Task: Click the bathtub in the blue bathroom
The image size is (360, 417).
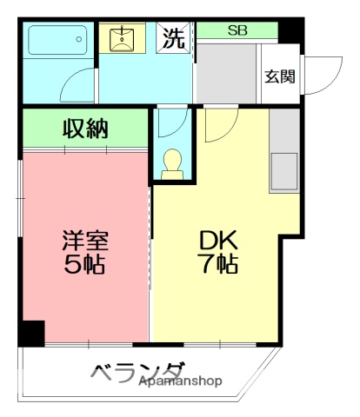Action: coord(57,40)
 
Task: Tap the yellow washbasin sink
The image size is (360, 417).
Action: coord(122,38)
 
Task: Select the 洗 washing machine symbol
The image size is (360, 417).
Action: coord(175,38)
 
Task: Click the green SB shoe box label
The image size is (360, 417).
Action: coord(237,30)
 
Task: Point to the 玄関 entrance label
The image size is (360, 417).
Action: coord(280,76)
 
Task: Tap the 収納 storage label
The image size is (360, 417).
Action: coord(85,129)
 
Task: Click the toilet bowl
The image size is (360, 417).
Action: coord(172,163)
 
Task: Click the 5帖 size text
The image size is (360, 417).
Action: coord(83,264)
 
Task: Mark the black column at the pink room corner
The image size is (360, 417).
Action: coord(32,332)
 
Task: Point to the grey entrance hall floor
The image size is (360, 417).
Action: coord(228,74)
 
